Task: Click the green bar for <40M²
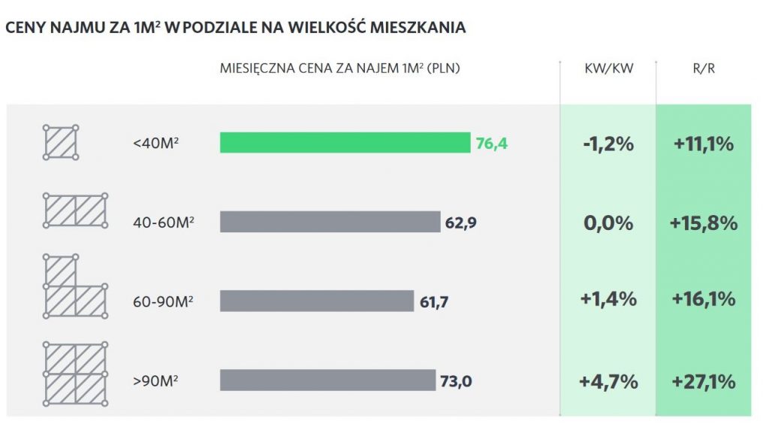click(345, 143)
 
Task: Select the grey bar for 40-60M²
click(330, 222)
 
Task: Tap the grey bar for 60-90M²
click(316, 301)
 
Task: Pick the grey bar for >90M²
click(327, 380)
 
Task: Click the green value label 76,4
click(492, 143)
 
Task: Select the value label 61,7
click(434, 301)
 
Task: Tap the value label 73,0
click(456, 381)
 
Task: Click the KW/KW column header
click(608, 68)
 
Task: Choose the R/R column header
click(704, 68)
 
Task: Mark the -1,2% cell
click(608, 144)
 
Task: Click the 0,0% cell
click(608, 223)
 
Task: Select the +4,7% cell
click(608, 381)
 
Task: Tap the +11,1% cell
click(704, 144)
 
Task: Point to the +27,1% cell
click(704, 381)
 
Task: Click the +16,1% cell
click(704, 299)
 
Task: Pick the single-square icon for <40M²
click(60, 142)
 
